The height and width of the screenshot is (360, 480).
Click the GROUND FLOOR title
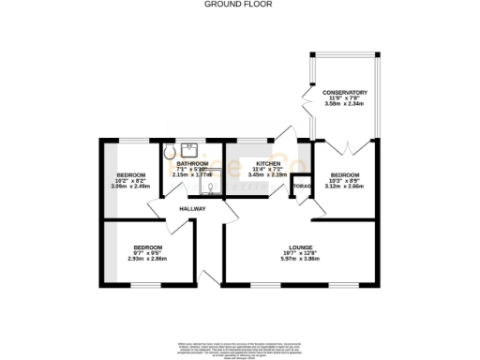pyautogui.click(x=239, y=5)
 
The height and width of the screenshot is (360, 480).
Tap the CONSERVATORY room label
pyautogui.click(x=345, y=92)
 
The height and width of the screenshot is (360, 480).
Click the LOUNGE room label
pyautogui.click(x=301, y=246)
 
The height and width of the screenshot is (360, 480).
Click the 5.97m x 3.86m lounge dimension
pyautogui.click(x=301, y=258)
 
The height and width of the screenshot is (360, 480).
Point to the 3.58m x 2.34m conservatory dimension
pyautogui.click(x=345, y=104)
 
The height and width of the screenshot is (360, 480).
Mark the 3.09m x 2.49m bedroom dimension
pyautogui.click(x=131, y=187)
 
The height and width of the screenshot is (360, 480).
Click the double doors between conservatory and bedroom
pyautogui.click(x=345, y=146)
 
